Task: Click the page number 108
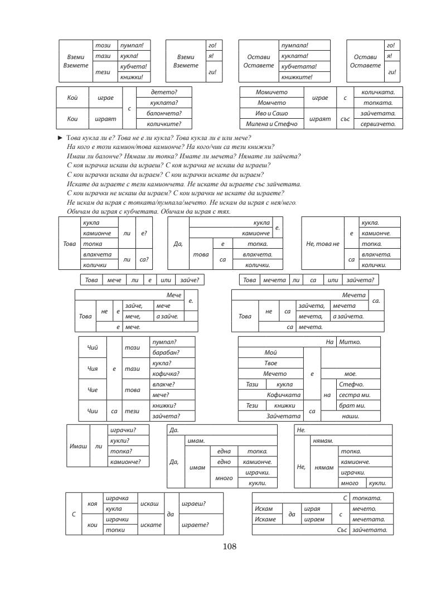tap(230, 546)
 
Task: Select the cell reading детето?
tap(165, 91)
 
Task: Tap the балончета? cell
tap(165, 113)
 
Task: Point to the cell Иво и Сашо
tap(270, 113)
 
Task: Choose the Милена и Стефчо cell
tap(270, 124)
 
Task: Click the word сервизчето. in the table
tap(378, 124)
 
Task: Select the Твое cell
tap(270, 363)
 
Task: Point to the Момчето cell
tap(270, 103)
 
